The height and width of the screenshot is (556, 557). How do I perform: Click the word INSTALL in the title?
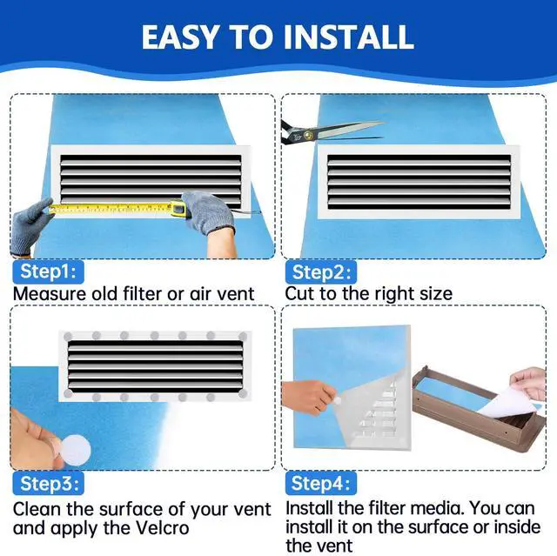click(343, 37)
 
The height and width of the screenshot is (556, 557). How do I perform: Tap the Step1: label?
click(48, 271)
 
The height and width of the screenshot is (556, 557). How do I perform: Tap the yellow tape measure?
click(113, 208)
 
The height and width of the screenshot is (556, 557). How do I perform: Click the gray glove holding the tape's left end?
click(32, 223)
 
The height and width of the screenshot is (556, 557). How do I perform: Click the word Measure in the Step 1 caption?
click(49, 293)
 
